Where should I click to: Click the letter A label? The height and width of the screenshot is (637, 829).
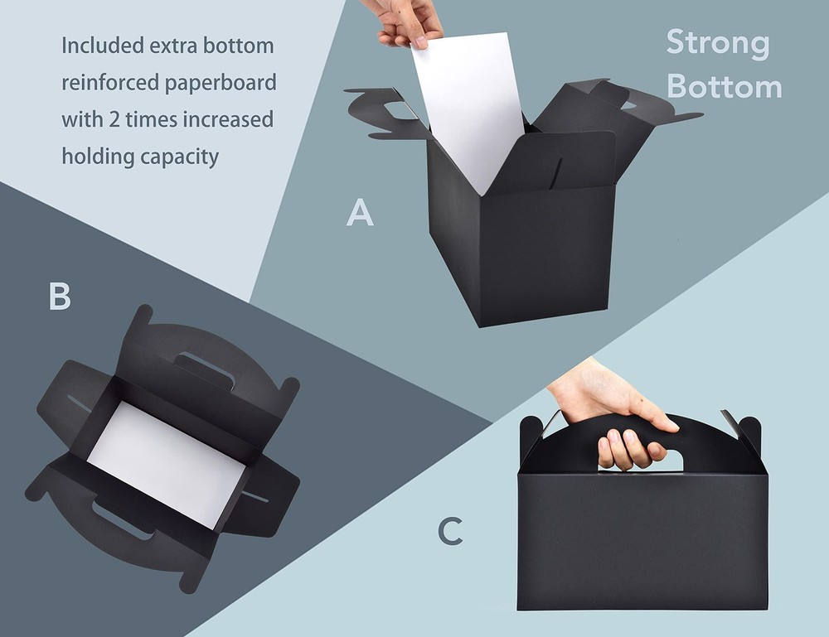point(360,212)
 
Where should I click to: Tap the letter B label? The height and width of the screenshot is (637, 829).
point(60,296)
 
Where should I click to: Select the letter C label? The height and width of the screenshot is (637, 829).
point(450,531)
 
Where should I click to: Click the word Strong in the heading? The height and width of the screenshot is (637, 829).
point(717,44)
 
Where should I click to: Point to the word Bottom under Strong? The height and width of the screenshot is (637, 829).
point(725,86)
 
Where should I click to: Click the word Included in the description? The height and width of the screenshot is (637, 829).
point(103,46)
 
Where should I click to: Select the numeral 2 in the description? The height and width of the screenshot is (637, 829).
point(114,119)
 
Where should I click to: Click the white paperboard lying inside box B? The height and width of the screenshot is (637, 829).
point(166,465)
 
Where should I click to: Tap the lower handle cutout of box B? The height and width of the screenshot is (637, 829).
point(123,520)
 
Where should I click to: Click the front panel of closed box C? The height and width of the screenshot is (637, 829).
point(642,541)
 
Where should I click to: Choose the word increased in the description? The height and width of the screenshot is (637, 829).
point(228,120)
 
